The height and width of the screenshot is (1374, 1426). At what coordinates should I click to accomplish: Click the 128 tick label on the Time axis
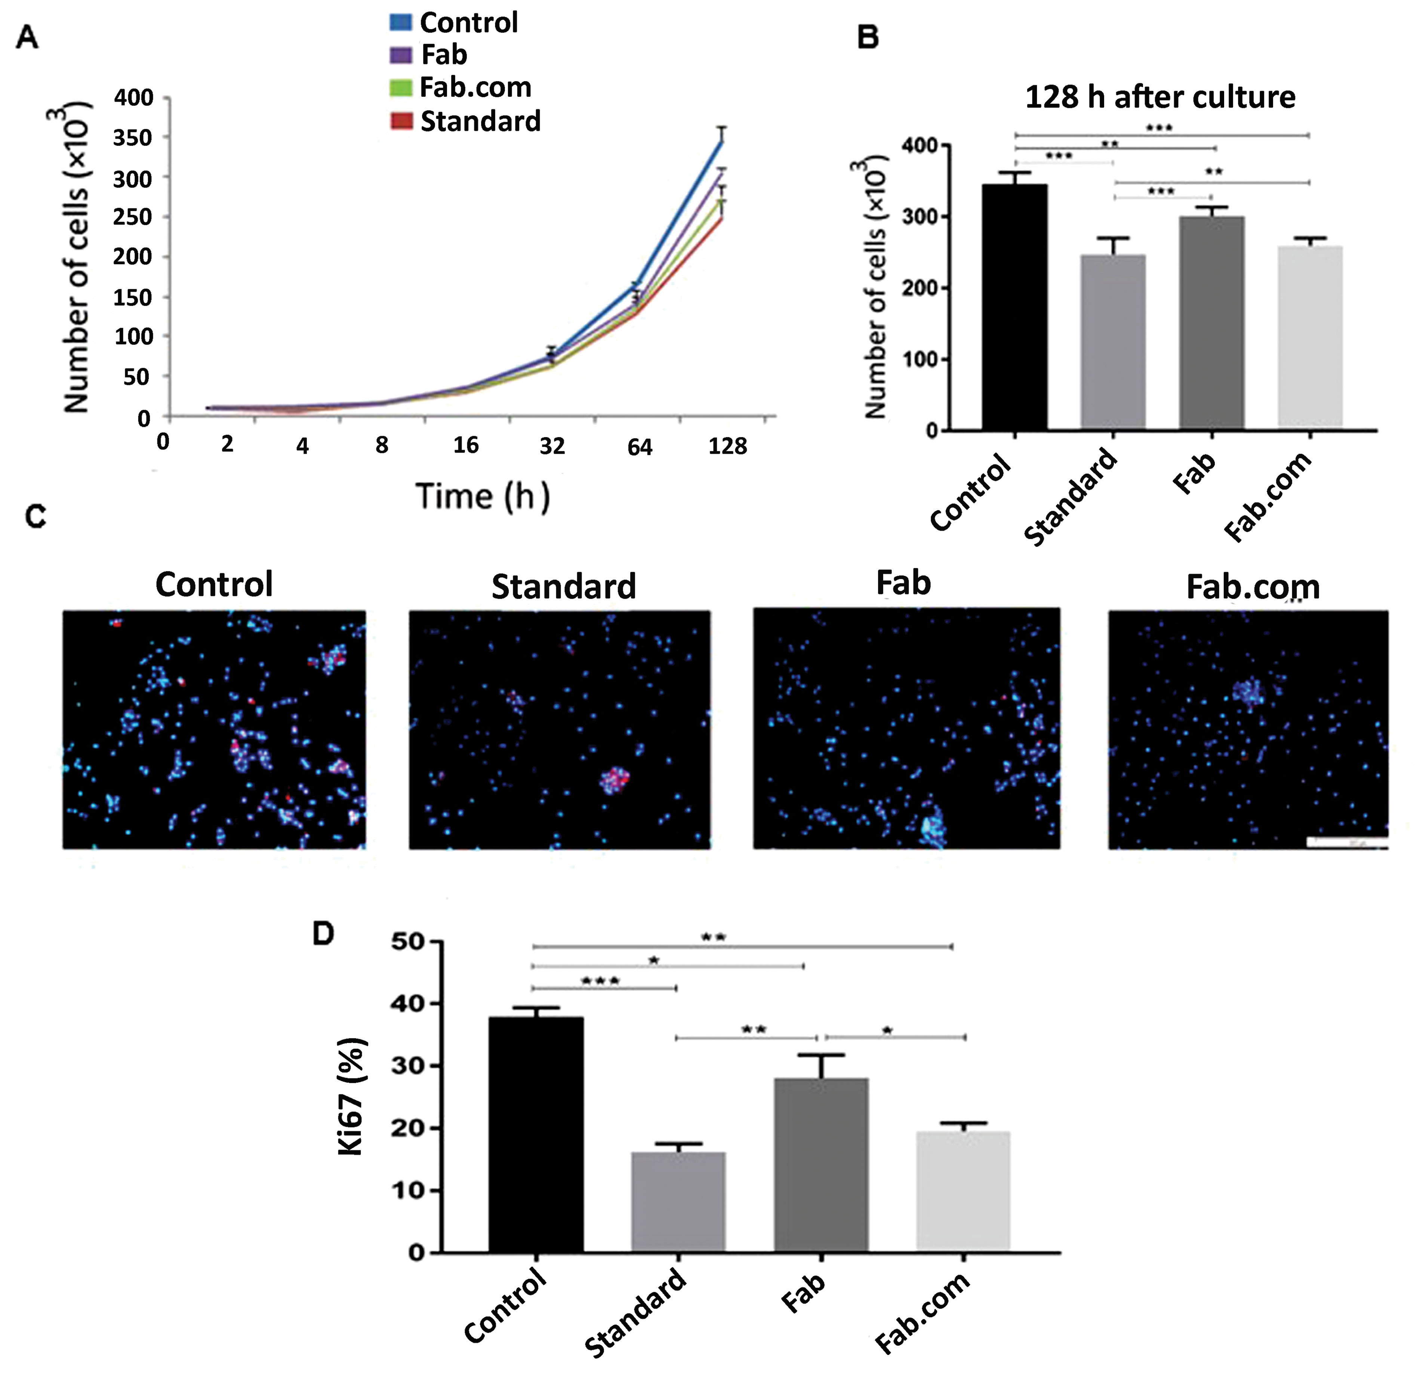coord(727,446)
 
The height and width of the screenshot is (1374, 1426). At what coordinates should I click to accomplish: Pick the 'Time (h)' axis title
coord(482,497)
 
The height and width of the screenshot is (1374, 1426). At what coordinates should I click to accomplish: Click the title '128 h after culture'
coord(1160,97)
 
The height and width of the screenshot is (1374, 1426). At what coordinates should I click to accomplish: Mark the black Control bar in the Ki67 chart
coord(536,1135)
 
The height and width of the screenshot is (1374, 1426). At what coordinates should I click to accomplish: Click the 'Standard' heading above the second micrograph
coord(563,586)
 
